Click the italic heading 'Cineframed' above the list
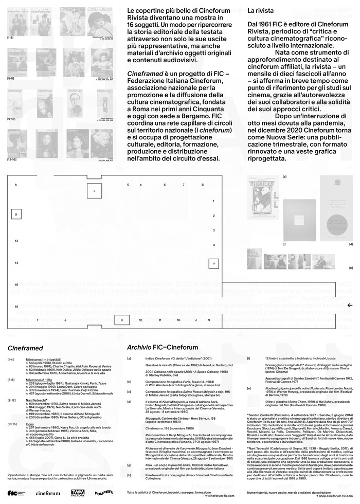point(22,348)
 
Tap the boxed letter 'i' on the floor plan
point(94,191)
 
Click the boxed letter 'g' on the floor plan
point(16,213)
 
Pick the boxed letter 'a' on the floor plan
point(212,263)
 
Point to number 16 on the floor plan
point(16,307)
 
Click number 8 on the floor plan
point(203,184)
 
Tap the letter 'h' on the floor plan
point(16,184)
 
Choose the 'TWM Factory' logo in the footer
point(77,492)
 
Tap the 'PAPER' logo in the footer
point(103,492)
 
